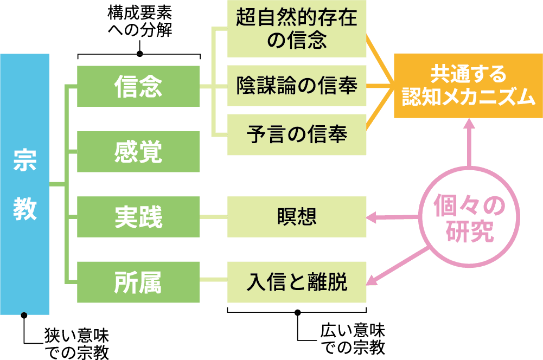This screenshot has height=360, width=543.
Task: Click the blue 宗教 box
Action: click(x=24, y=184)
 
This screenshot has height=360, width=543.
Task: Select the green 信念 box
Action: click(x=138, y=86)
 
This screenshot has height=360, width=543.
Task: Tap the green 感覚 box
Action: click(x=138, y=152)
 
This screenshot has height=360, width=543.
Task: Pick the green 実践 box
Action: click(x=138, y=217)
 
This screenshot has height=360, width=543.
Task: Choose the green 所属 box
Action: click(x=138, y=282)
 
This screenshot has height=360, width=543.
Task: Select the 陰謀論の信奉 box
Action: click(x=297, y=86)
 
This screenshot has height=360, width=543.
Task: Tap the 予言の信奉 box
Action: click(x=297, y=134)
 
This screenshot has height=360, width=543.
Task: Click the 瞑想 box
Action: click(x=297, y=217)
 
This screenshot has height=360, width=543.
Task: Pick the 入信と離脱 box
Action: click(x=297, y=282)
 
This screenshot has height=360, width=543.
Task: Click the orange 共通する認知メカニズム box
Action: click(x=468, y=86)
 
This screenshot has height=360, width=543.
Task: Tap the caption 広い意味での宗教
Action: click(x=353, y=338)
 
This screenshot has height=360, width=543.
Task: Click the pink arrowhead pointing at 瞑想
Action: click(x=373, y=218)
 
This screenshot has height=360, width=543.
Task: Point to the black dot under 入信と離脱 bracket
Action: click(x=297, y=312)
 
